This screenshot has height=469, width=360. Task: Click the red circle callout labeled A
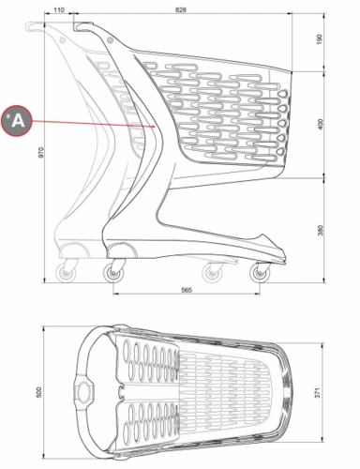(17, 121)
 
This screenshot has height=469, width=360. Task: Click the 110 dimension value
(59, 9)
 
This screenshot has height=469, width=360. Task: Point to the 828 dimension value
(180, 9)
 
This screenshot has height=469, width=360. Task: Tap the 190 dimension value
(319, 39)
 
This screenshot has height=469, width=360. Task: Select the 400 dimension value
(320, 124)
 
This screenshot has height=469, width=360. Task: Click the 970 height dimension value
(41, 152)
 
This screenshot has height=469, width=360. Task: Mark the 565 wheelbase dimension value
(187, 290)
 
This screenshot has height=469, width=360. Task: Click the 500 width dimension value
(38, 392)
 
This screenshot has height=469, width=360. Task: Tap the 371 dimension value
(318, 393)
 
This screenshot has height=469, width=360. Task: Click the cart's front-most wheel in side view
(260, 273)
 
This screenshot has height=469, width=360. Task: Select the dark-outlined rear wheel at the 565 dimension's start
(113, 273)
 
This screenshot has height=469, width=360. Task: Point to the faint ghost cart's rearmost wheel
(66, 273)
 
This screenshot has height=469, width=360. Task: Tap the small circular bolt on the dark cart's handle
(110, 39)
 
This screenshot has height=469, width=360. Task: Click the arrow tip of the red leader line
(156, 127)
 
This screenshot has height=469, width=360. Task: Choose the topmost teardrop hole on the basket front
(283, 94)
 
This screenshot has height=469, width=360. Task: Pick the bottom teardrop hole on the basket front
(281, 152)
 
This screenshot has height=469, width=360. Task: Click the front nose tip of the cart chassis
(285, 260)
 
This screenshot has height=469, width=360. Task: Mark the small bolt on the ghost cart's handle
(63, 39)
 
